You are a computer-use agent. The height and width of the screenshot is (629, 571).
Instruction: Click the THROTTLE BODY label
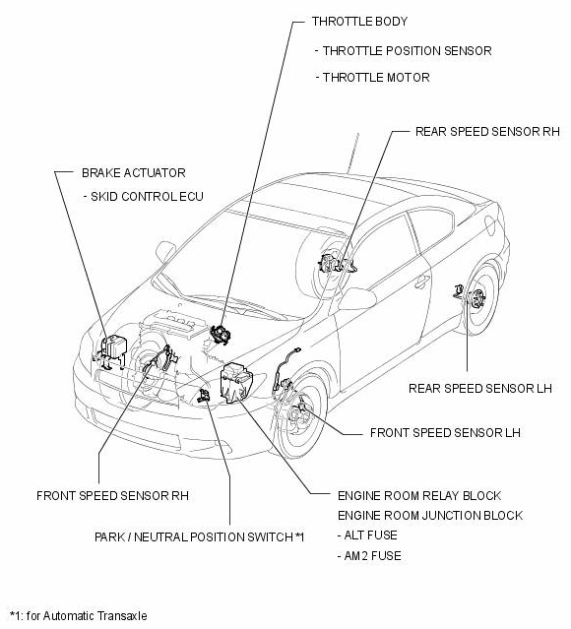(359, 21)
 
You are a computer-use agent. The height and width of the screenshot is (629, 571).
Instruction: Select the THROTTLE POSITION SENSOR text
(403, 51)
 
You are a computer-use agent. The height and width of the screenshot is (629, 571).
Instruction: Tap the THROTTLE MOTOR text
(371, 77)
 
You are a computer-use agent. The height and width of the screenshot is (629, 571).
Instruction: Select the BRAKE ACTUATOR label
(133, 173)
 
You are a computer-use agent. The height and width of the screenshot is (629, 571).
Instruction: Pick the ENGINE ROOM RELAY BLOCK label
(419, 495)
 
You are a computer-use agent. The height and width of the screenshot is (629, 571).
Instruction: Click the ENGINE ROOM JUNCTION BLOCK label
(429, 516)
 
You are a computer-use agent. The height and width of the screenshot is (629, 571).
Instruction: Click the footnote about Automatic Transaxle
(78, 616)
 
